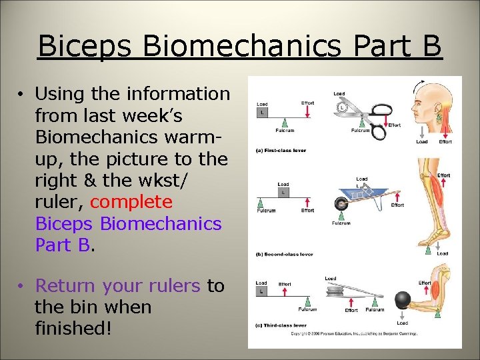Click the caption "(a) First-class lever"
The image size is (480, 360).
(x=281, y=151)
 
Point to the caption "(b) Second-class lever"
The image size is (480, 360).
(x=284, y=254)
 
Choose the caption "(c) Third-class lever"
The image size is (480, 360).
(x=281, y=325)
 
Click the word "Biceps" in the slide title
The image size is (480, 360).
(x=86, y=46)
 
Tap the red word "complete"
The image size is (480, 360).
(x=131, y=201)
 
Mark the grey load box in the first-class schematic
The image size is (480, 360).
(x=262, y=112)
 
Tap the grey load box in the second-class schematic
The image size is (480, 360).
(x=283, y=192)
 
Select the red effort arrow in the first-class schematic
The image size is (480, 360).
(x=308, y=113)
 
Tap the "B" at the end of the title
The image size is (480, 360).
(x=431, y=46)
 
